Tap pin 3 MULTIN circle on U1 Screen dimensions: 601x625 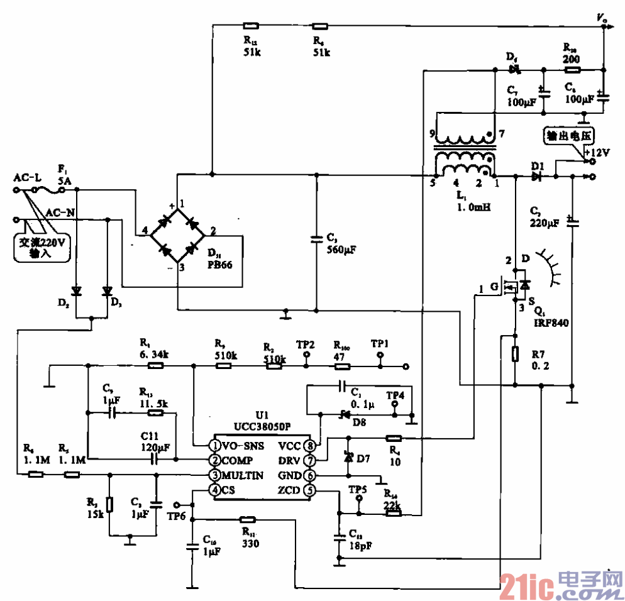point(215,475)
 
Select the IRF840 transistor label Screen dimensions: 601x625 point(551,323)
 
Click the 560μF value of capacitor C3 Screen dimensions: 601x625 point(341,250)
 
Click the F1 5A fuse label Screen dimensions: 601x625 point(65,177)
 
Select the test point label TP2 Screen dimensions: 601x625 point(306,345)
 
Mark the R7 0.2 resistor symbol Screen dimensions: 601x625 point(515,354)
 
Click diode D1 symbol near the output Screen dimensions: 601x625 point(536,177)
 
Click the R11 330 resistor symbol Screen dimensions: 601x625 point(247,520)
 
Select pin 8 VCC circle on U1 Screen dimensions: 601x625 point(310,445)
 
